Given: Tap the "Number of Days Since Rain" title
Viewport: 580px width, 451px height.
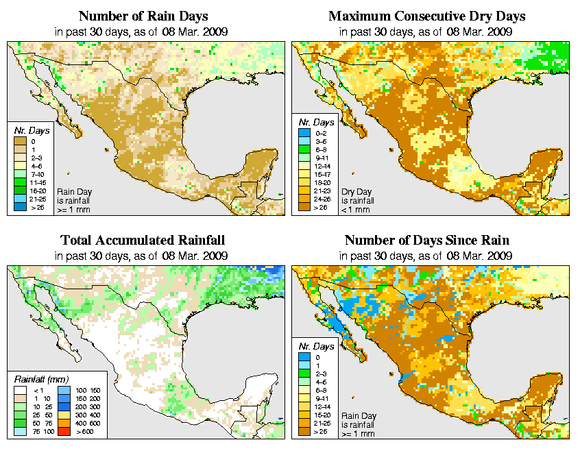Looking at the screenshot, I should coord(427,241).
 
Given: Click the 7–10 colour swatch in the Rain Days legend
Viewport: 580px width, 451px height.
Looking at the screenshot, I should coord(19,174).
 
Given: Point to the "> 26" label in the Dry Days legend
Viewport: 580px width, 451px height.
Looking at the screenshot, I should coord(322,207).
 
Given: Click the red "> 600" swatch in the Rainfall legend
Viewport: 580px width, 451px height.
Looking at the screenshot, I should coord(62,433).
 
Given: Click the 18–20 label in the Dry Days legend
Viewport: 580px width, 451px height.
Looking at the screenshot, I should coord(324,183).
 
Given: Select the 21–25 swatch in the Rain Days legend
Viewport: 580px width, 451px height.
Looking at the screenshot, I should coord(19,198).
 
